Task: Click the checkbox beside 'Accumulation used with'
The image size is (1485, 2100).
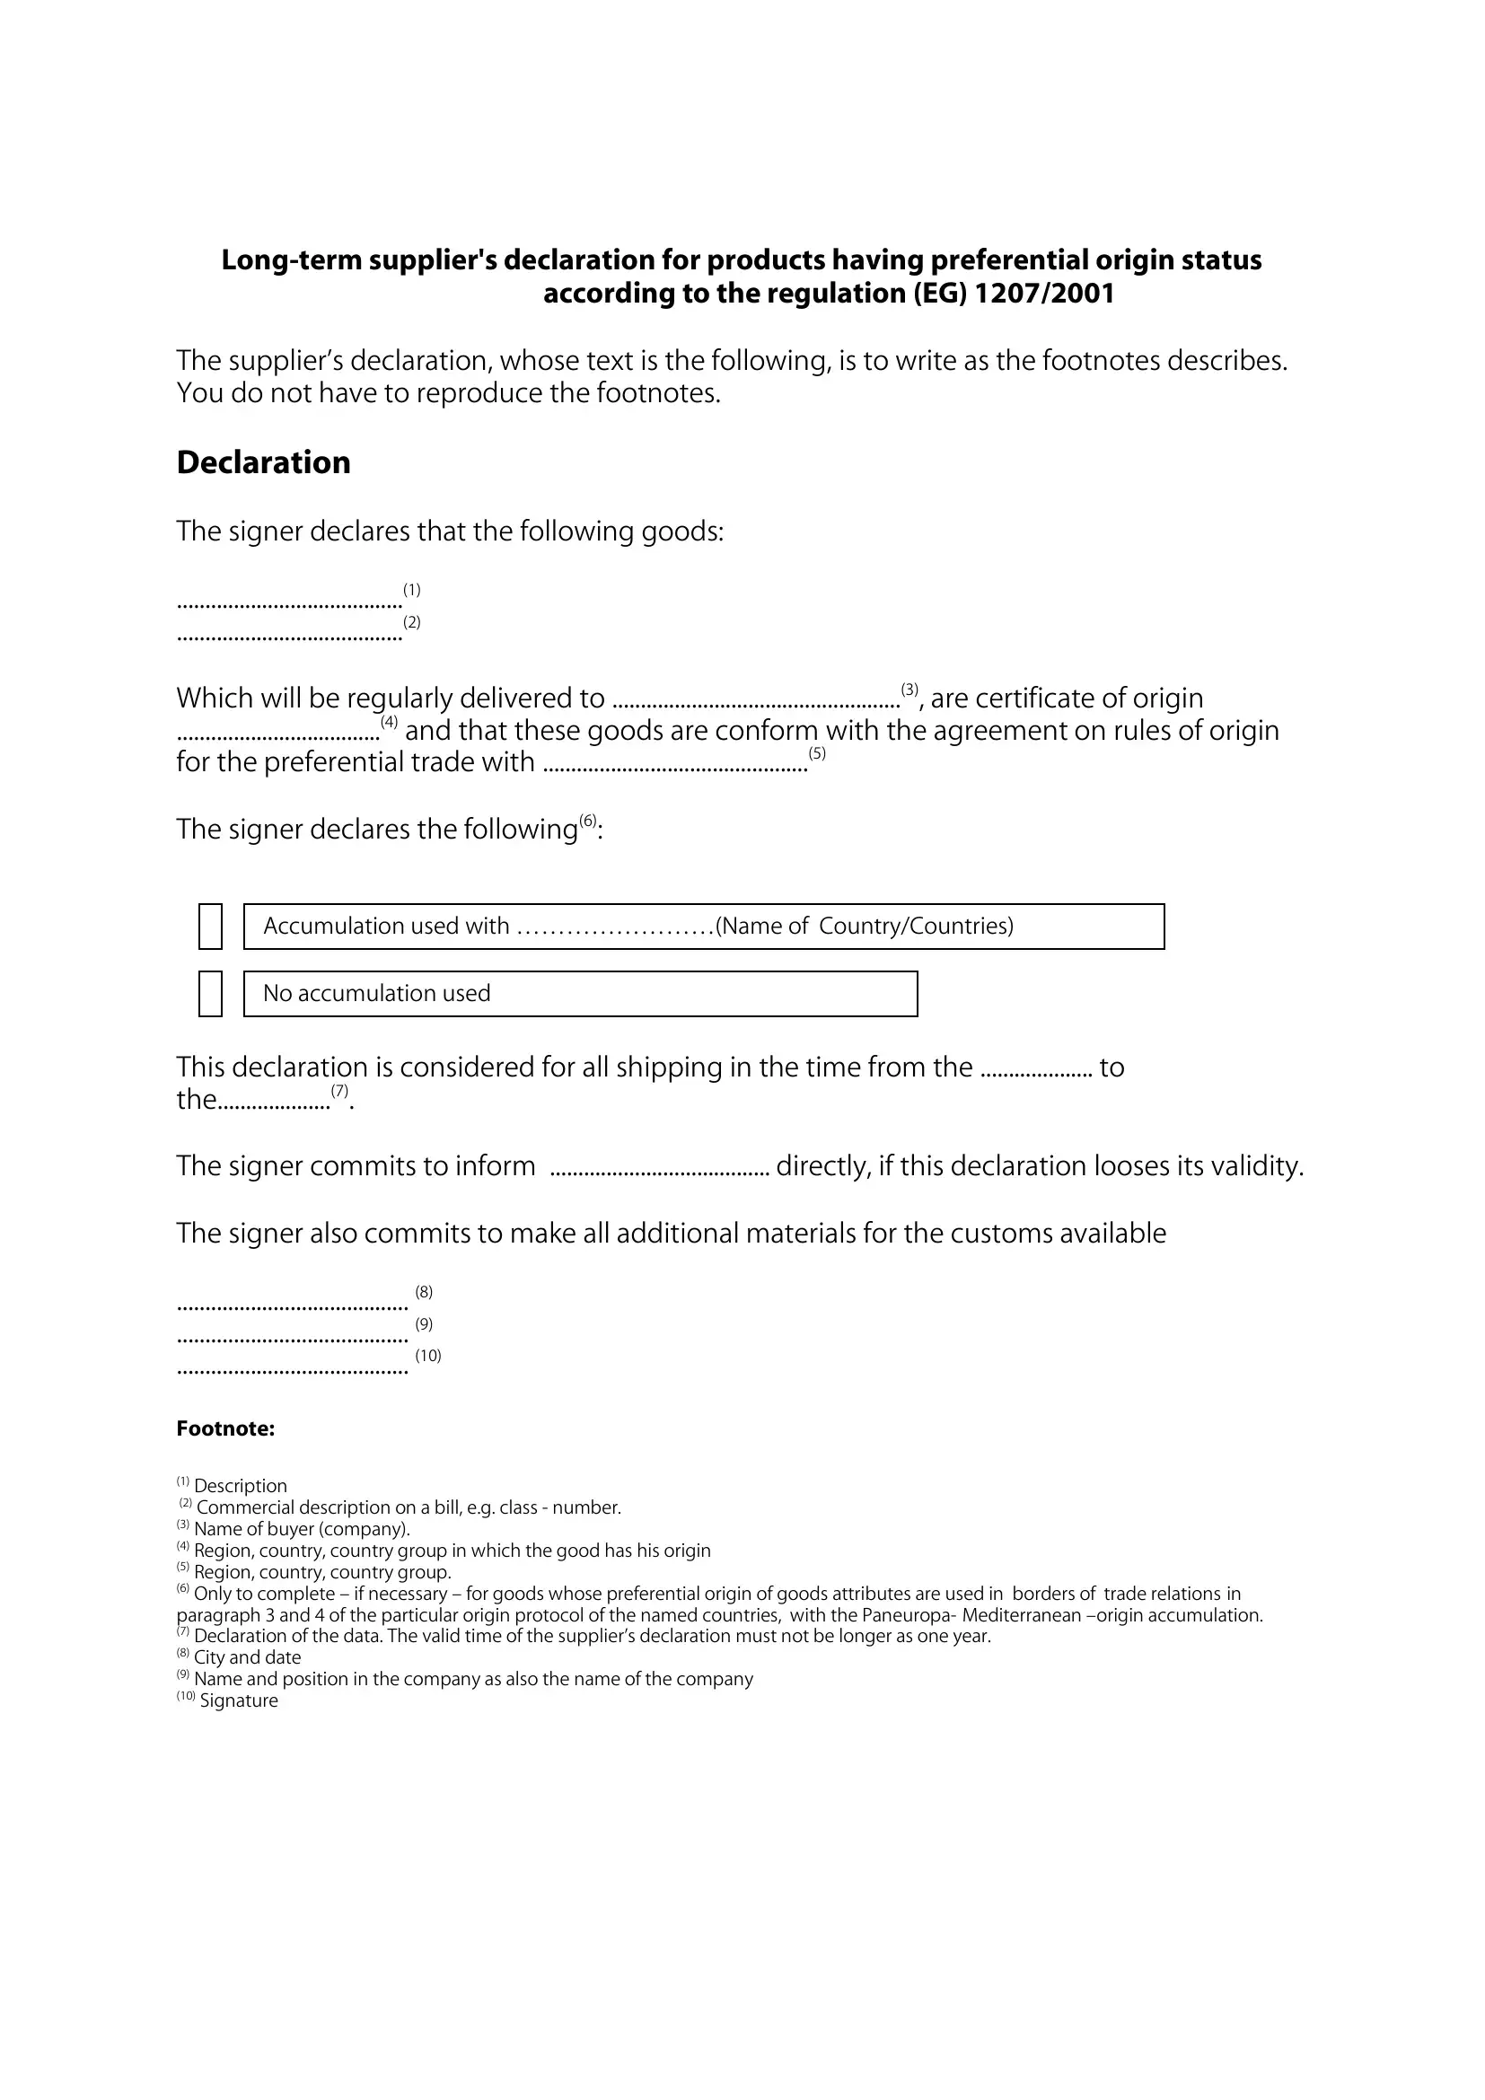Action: click(x=210, y=926)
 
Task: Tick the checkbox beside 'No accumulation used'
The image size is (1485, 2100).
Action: click(x=210, y=993)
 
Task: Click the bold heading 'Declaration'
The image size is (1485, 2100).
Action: click(x=263, y=462)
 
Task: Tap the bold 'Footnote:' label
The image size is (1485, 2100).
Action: click(x=225, y=1428)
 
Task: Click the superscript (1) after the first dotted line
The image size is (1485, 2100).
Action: click(x=411, y=590)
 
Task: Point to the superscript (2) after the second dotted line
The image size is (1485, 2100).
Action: click(x=411, y=622)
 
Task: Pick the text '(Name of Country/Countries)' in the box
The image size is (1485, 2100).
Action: click(x=864, y=926)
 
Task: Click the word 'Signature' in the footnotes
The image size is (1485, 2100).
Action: click(x=239, y=1700)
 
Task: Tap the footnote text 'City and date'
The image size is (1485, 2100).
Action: click(x=247, y=1657)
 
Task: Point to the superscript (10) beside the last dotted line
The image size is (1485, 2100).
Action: click(x=428, y=1356)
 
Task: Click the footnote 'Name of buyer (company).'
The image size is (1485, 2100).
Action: click(x=302, y=1528)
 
